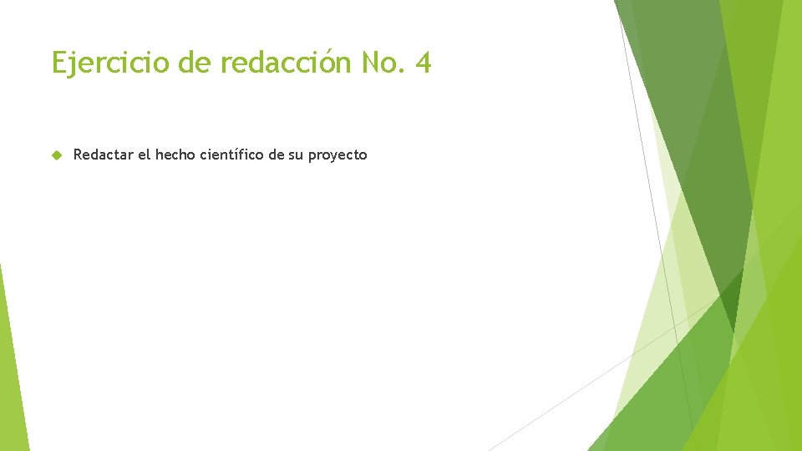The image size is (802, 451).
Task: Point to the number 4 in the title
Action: [x=423, y=63]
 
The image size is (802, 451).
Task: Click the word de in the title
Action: [x=192, y=63]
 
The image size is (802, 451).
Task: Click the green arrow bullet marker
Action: [x=56, y=155]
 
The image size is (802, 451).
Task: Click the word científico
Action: [x=231, y=155]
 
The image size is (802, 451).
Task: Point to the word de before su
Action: [x=276, y=155]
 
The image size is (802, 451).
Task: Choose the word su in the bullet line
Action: [x=297, y=155]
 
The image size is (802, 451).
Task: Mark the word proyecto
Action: [x=338, y=155]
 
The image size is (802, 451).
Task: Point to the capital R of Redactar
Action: [x=79, y=155]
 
